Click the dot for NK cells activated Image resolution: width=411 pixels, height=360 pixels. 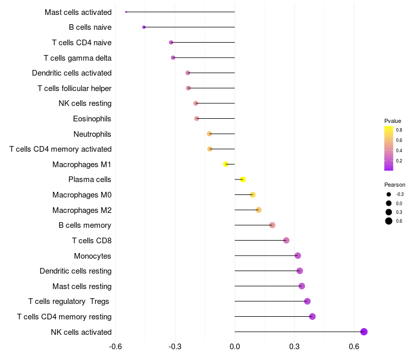[364, 332]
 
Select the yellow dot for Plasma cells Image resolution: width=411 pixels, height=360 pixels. [242, 179]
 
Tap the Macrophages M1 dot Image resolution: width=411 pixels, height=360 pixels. [226, 164]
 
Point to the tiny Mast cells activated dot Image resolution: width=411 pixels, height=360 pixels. [126, 12]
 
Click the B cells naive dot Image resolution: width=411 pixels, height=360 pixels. [144, 27]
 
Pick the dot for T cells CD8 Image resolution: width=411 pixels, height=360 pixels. [286, 240]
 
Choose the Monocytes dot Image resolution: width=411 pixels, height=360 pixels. [297, 256]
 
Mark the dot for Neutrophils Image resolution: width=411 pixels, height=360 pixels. [209, 134]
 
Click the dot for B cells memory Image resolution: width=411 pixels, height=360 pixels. [272, 225]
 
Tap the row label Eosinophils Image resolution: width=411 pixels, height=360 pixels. [92, 119]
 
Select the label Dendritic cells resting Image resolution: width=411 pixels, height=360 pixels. [76, 271]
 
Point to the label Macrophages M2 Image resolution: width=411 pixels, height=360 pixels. [82, 210]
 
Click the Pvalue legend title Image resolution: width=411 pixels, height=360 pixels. [393, 121]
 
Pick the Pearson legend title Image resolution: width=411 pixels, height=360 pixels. [395, 185]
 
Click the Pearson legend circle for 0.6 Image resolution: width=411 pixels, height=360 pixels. [389, 221]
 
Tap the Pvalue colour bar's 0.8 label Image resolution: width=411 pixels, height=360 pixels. [399, 130]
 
